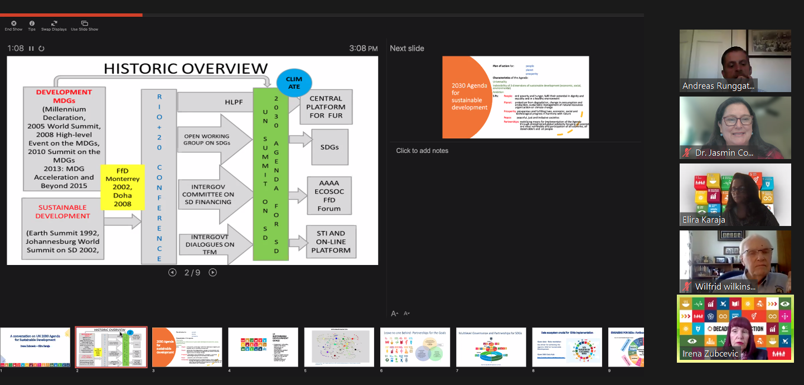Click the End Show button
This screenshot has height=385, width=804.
pos(13,26)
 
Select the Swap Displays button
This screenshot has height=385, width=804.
pos(54,26)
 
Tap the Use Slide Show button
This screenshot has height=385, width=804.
pos(84,26)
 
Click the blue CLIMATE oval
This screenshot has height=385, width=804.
pos(294,83)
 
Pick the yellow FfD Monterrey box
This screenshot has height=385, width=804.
pos(122,187)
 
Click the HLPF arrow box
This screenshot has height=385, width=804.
pos(215,102)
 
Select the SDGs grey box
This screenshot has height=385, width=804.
pos(329,147)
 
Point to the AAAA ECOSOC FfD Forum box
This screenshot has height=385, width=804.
pos(329,195)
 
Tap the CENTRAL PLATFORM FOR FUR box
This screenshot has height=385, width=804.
pos(327,107)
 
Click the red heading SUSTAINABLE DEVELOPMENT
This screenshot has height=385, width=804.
pos(62,211)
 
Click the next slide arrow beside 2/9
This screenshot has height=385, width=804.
pos(212,272)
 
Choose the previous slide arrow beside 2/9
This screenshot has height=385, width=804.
pos(172,272)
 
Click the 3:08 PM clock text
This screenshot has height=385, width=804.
pos(364,49)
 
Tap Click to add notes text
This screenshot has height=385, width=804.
pos(422,151)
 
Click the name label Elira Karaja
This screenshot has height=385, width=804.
pos(704,220)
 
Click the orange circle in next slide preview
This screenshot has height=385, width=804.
pos(463,97)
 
